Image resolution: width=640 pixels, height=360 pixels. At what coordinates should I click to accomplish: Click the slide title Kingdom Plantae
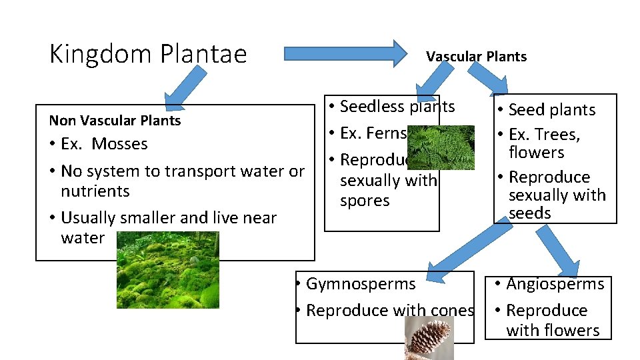[x=148, y=54]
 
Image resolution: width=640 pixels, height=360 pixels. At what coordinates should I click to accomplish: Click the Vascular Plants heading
[x=477, y=57]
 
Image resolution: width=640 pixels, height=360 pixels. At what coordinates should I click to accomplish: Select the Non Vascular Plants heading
[x=115, y=121]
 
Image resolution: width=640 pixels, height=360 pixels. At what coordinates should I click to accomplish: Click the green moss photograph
[x=167, y=269]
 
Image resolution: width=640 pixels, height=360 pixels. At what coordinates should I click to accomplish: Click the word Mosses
[x=120, y=144]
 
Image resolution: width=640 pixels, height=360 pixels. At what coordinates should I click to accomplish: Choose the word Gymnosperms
[x=361, y=284]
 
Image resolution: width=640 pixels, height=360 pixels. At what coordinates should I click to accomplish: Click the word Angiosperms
[x=555, y=284]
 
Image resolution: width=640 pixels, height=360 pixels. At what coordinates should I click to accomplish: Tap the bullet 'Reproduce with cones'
[x=390, y=311]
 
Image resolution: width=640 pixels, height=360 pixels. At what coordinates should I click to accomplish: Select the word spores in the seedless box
[x=365, y=201]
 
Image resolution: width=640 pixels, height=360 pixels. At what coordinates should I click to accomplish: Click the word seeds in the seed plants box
[x=530, y=213]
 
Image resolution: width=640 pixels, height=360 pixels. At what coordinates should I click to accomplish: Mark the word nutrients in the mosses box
[x=95, y=191]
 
